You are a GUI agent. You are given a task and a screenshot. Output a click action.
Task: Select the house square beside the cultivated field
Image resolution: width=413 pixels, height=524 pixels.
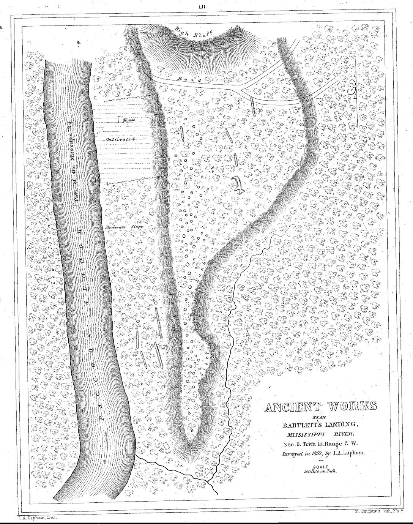tap(120, 119)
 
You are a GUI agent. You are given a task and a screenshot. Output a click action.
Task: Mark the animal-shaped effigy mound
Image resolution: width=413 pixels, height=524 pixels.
tap(238, 185)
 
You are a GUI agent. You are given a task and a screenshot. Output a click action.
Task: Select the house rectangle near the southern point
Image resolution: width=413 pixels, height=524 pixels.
tap(166, 445)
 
